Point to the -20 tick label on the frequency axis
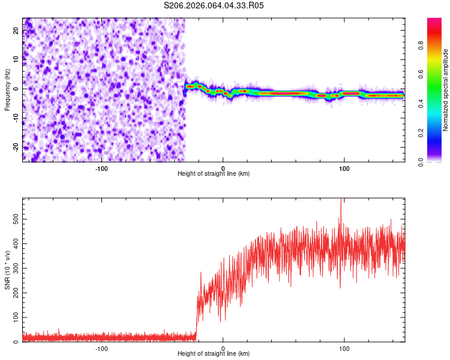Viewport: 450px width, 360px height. (x=15, y=147)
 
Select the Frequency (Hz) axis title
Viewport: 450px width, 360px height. (x=7, y=89)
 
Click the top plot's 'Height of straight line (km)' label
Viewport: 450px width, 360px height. (x=214, y=173)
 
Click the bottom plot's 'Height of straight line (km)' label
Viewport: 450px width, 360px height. (x=214, y=353)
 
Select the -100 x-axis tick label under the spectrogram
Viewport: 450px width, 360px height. (x=101, y=167)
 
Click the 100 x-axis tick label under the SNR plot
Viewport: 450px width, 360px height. (x=344, y=347)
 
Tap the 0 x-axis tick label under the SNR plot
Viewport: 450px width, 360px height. (x=223, y=347)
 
